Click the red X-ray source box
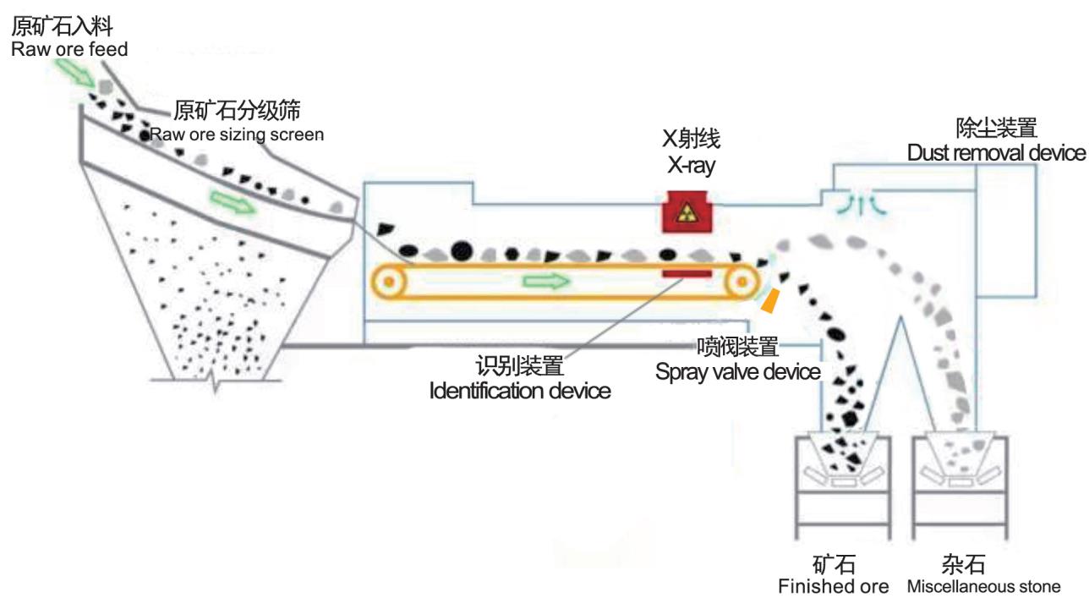point(687,211)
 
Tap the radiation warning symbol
point(687,213)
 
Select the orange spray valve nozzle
point(770,301)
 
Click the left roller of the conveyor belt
point(389,282)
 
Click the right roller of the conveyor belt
point(742,282)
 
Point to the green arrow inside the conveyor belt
point(546,281)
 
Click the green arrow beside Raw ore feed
point(75,73)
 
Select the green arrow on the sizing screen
point(232,201)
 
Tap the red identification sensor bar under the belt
point(687,274)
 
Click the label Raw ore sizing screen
point(237,134)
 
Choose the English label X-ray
point(692,165)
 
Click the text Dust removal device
point(996,152)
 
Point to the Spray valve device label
point(738,372)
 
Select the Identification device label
point(520,391)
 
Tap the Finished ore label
point(834,586)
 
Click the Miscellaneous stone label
point(983,586)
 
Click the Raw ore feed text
point(69,49)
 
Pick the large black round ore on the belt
point(462,251)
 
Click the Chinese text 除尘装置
point(997,128)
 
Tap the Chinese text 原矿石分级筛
point(238,110)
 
